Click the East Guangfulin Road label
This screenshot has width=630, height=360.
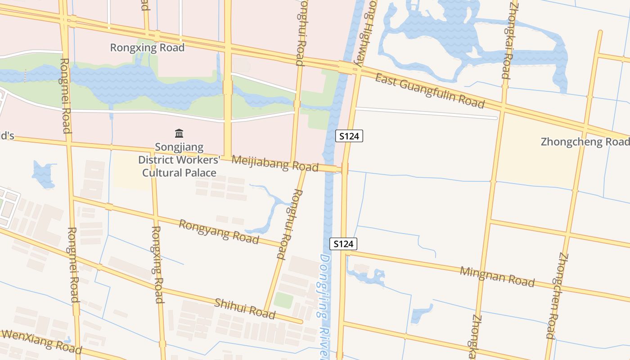430,91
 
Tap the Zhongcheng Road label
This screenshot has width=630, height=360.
585,142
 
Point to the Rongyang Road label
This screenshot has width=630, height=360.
219,231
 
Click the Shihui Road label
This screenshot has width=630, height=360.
244,308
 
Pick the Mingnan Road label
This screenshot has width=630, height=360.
497,276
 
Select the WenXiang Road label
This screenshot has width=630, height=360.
41,341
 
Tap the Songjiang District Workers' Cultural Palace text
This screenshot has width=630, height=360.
179,160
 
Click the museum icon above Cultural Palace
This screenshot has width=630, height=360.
179,133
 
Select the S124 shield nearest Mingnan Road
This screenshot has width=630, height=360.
343,244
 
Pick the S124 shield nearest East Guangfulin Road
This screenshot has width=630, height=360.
349,135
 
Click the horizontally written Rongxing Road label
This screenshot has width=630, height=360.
147,48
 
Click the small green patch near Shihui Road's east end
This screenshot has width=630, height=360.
283,300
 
